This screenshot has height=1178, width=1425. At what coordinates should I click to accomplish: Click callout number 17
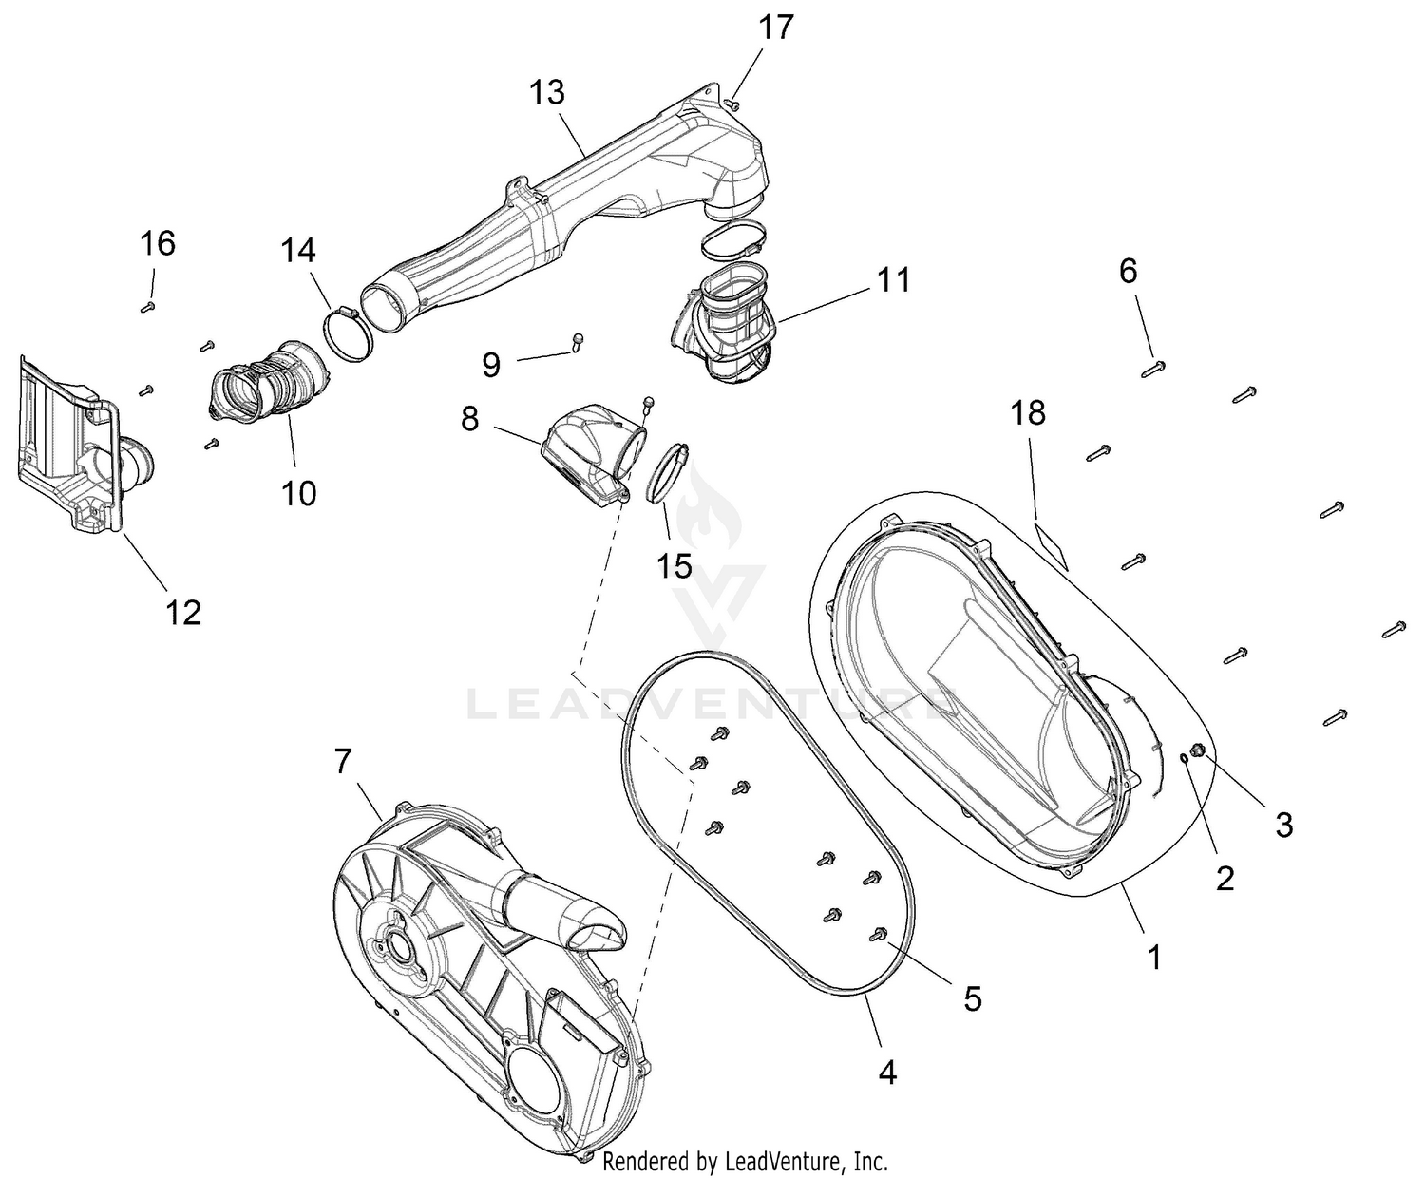(776, 28)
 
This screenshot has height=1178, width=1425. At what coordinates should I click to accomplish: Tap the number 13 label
(546, 92)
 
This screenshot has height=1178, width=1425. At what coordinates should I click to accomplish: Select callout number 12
(183, 612)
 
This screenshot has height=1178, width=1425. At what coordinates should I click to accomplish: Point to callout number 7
(343, 760)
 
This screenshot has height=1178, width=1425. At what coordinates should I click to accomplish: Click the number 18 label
(1029, 412)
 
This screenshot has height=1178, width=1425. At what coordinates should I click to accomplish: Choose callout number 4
(886, 1073)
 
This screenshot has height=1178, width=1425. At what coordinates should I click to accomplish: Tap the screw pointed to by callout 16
(147, 308)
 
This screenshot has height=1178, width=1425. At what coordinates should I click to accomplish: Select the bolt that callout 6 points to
(1152, 370)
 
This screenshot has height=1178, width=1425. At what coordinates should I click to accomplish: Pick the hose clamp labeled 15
(667, 473)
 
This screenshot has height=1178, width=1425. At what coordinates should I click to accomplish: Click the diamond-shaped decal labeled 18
(1052, 544)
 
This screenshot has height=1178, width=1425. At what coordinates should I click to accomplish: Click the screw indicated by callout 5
(878, 935)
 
